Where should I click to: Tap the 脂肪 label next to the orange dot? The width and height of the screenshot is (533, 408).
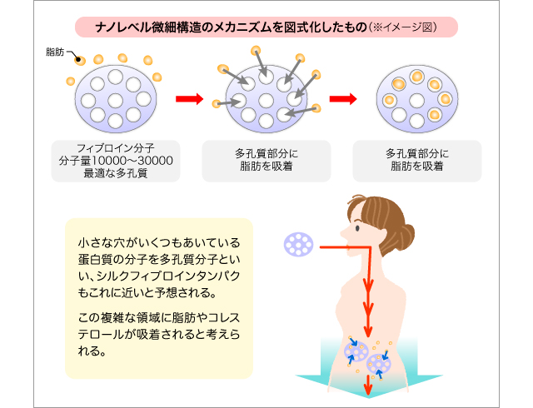[x=56, y=52]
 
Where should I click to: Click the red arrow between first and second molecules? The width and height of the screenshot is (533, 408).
[x=189, y=100]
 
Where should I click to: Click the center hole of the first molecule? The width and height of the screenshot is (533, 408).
[x=114, y=101]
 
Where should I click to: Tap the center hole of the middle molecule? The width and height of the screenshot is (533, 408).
[x=266, y=101]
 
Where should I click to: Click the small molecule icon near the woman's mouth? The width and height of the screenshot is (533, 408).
[x=297, y=244]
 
